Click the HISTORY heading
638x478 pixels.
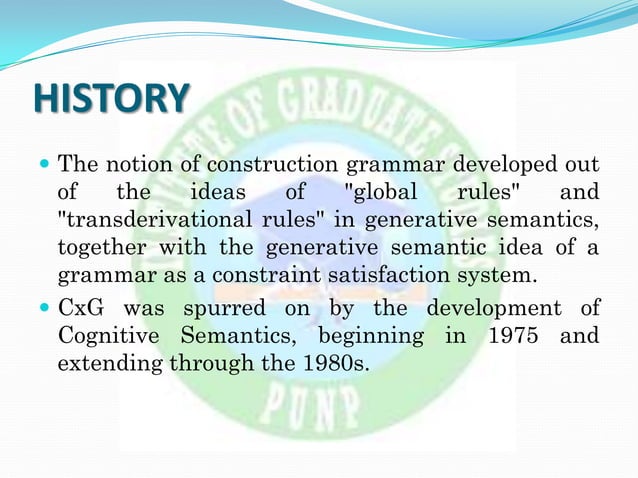(x=111, y=98)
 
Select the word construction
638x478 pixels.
(x=266, y=163)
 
